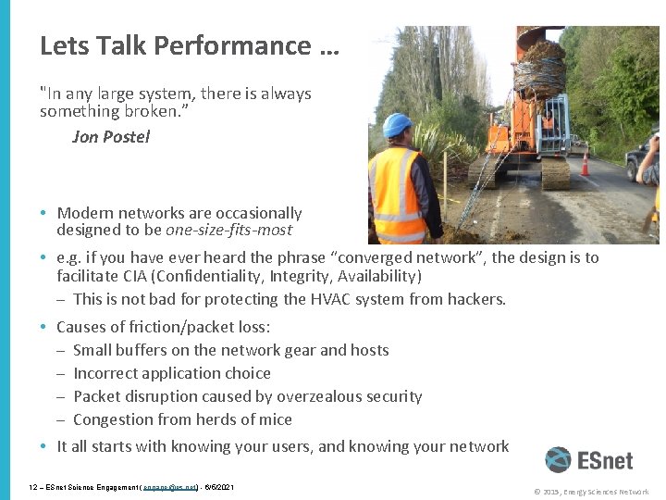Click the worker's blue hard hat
[x=398, y=126]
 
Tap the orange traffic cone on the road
[x=585, y=164]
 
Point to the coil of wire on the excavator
[x=538, y=67]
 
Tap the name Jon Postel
[x=110, y=137]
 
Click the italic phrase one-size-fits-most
[x=228, y=230]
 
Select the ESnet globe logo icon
[x=558, y=460]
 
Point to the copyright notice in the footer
[x=591, y=492]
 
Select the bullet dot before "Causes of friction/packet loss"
[x=44, y=327]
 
